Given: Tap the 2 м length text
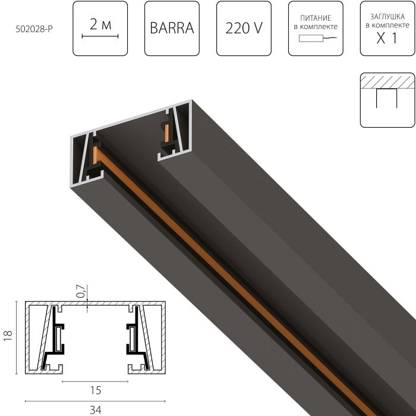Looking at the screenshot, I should coord(100,24).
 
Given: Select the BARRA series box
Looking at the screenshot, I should coord(172,29).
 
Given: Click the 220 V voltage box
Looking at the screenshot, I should coord(244,29).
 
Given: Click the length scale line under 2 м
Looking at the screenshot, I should coord(100,37).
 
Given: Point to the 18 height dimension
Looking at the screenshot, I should coord(8,336).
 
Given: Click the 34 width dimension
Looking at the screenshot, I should coord(94,409).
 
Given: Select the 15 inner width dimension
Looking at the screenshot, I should coord(94,390).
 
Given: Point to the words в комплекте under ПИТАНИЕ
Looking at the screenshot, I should coord(316,27).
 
